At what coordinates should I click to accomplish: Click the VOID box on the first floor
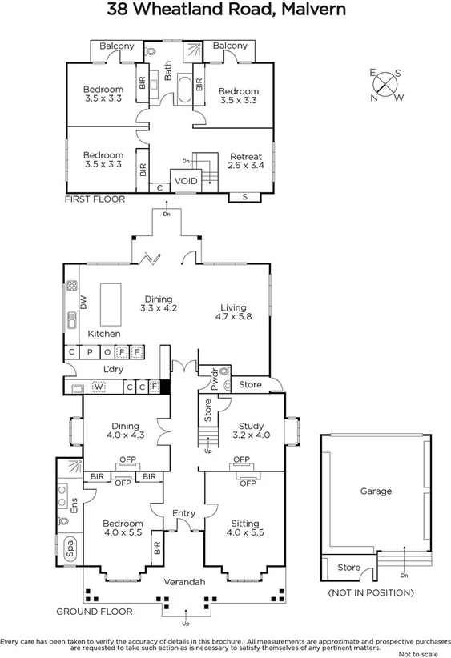point(186,181)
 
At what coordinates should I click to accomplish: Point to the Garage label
point(375,491)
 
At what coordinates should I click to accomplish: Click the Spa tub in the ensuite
point(70,550)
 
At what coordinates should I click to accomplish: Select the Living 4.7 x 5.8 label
point(234,312)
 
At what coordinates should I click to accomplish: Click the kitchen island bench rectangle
point(111,302)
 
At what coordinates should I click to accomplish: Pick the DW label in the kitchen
point(83,303)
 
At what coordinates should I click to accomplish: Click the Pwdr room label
point(214,378)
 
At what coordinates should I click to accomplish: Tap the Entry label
point(183,513)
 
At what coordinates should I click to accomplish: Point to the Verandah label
point(183,582)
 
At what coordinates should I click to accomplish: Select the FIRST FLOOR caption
point(95,199)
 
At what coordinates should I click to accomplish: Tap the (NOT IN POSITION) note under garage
point(370,593)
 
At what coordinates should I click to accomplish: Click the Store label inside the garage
point(348,568)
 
